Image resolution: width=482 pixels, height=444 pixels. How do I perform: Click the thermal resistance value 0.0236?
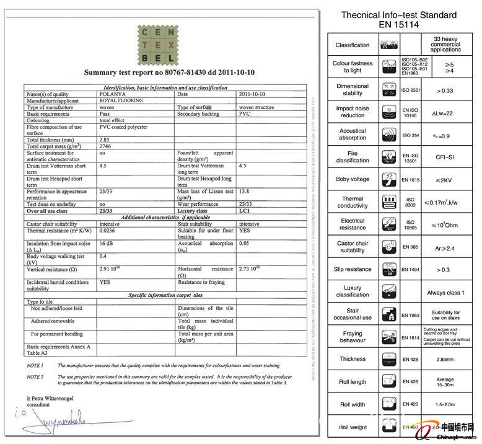pos(108,230)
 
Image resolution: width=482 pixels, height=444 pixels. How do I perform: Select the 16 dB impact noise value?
pos(107,244)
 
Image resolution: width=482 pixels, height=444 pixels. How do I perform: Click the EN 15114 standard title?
pos(399,24)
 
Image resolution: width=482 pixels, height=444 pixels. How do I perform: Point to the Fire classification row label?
pos(353,156)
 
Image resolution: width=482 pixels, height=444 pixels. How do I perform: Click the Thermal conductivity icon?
pos(390,202)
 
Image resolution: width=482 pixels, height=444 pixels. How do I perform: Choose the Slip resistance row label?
pos(353,269)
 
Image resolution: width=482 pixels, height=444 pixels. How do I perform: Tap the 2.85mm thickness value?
pos(445,359)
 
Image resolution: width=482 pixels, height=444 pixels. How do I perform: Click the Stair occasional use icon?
pos(390,314)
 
